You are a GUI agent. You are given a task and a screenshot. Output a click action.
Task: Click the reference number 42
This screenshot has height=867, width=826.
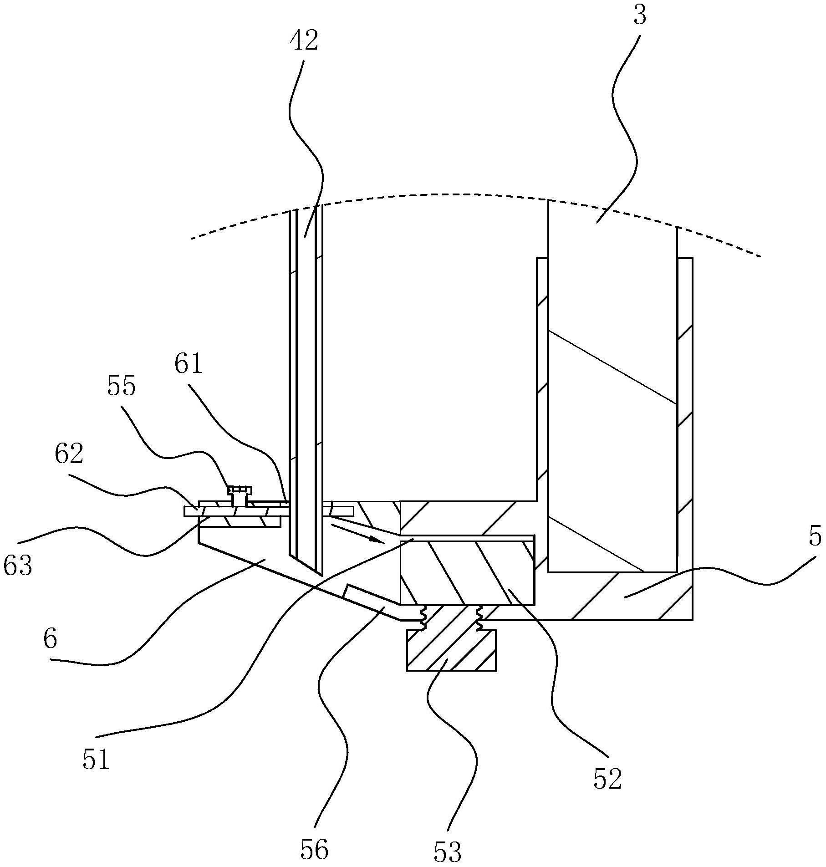pyautogui.click(x=304, y=41)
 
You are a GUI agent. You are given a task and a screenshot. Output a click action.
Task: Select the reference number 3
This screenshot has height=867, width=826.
pyautogui.click(x=640, y=16)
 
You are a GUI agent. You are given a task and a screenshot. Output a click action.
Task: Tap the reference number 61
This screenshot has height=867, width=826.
pyautogui.click(x=188, y=365)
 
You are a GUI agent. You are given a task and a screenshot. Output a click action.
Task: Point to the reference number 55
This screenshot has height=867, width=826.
pyautogui.click(x=122, y=387)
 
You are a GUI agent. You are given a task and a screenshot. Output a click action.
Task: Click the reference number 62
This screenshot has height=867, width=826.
pyautogui.click(x=69, y=454)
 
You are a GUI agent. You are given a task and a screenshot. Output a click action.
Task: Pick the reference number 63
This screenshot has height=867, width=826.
pyautogui.click(x=18, y=566)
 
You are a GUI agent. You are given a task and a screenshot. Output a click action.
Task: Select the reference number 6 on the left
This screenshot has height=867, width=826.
pyautogui.click(x=51, y=639)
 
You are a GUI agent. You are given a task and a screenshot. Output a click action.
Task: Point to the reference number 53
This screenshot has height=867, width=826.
pyautogui.click(x=448, y=851)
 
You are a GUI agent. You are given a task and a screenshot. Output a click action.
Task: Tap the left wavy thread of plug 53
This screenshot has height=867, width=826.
pyautogui.click(x=423, y=618)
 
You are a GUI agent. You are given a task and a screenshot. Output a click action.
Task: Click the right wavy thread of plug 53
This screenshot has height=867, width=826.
pyautogui.click(x=479, y=618)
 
